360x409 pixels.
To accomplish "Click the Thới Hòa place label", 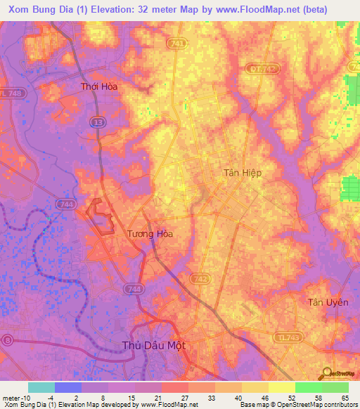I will (x=99, y=86).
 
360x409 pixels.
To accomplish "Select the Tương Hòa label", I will (x=149, y=234).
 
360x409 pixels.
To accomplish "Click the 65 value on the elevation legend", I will (x=344, y=398).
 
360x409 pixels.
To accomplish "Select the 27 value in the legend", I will (x=184, y=398).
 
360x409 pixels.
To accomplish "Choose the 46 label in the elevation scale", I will (x=264, y=398).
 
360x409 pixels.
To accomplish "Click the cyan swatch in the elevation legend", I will (x=41, y=387).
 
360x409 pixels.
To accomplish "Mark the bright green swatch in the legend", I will (x=308, y=387).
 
